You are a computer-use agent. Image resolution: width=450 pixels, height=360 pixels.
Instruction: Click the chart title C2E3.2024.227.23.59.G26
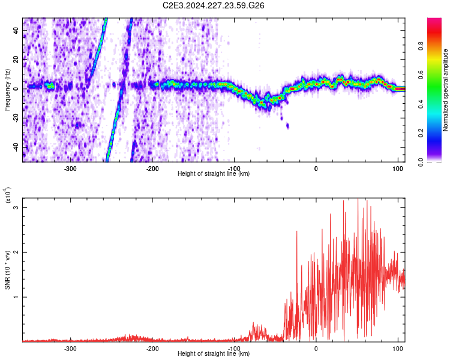click(213, 5)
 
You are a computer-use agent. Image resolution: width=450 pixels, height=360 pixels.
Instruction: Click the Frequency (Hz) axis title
click(7, 90)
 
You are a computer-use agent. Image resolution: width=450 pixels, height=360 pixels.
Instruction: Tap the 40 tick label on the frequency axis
click(16, 31)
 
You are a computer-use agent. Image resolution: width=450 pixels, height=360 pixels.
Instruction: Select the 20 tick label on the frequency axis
click(16, 60)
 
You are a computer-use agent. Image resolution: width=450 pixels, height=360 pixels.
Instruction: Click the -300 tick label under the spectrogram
click(70, 169)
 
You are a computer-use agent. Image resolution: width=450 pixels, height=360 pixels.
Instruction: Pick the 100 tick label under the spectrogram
click(398, 169)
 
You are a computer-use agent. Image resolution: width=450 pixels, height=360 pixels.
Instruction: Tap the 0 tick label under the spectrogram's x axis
click(316, 169)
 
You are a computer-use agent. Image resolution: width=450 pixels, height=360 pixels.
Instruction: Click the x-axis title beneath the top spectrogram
click(214, 173)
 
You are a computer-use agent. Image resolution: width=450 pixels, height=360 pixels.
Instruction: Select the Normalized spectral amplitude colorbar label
click(445, 90)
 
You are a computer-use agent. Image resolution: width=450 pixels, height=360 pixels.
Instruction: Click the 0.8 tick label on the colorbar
click(421, 46)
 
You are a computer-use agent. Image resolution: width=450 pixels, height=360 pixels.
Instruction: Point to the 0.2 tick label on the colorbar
click(421, 133)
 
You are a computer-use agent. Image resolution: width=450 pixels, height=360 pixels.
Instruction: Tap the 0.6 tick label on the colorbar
click(421, 75)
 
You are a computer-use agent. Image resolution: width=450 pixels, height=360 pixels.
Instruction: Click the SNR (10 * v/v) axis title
click(7, 270)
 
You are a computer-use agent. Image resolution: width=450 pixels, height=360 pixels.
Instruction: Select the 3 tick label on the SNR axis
click(16, 207)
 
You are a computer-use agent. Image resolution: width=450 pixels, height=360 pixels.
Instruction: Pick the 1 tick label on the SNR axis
click(16, 297)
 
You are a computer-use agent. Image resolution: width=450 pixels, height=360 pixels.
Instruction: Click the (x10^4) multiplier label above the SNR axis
click(8, 195)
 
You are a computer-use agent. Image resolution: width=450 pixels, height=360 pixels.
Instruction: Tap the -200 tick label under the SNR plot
click(152, 349)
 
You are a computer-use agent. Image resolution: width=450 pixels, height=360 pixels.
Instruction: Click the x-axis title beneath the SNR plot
click(214, 353)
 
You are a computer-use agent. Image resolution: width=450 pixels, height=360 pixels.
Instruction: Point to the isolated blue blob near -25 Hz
click(287, 126)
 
